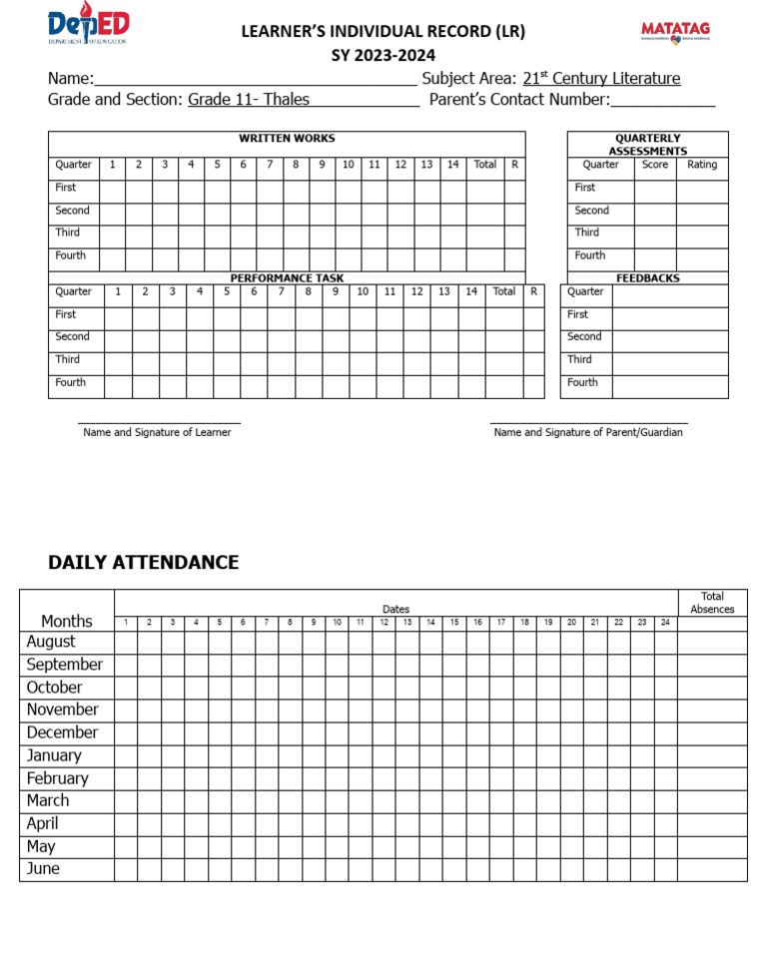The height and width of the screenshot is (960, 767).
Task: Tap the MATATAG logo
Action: (675, 32)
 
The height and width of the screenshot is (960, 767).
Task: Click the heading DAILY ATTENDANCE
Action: (144, 562)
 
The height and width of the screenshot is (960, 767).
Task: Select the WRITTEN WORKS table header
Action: (287, 139)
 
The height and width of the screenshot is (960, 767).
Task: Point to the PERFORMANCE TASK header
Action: (287, 278)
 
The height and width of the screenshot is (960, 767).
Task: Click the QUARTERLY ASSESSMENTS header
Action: (648, 145)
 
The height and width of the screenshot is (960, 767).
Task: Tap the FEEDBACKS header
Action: (648, 278)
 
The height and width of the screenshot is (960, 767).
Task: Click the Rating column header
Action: (702, 165)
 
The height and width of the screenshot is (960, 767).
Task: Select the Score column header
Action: (655, 165)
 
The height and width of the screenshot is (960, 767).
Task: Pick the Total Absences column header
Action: (712, 603)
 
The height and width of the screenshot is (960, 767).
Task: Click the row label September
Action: (65, 665)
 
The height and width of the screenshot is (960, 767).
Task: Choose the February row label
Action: (58, 778)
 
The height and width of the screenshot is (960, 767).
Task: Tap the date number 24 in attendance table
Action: (665, 622)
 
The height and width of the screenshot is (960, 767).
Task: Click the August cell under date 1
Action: (126, 643)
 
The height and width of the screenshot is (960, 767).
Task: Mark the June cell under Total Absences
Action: (712, 869)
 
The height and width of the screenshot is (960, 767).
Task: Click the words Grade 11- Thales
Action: (249, 100)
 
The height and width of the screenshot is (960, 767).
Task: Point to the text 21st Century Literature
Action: (601, 79)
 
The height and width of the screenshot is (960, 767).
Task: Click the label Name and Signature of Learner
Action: (157, 433)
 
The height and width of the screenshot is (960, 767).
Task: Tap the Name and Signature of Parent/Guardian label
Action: (588, 433)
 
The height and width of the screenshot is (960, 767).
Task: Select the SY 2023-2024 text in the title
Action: (383, 56)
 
